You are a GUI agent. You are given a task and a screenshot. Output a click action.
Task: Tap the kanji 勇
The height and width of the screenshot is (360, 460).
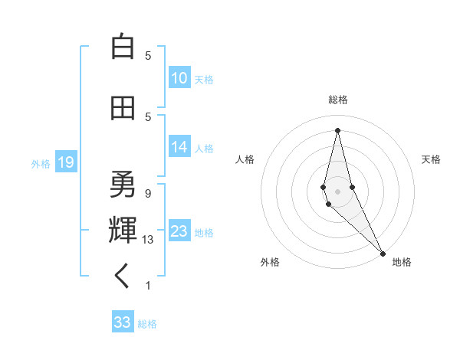123,184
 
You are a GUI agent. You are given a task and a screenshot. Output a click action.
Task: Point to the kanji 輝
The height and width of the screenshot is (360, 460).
123,229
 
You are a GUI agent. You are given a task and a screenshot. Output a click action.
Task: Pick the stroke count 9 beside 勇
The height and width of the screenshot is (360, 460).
148,193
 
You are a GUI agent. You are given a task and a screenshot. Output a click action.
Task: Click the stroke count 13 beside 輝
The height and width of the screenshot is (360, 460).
148,240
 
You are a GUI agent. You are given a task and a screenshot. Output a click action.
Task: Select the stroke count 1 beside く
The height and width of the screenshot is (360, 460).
148,286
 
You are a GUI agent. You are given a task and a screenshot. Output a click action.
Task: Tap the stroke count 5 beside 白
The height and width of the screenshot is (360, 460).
148,56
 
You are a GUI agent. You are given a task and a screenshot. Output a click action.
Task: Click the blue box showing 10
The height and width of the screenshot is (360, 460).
179,78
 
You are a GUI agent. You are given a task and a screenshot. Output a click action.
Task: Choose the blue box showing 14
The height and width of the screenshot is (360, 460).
179,147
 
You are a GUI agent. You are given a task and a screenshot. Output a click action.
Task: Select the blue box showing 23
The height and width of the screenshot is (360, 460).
179,231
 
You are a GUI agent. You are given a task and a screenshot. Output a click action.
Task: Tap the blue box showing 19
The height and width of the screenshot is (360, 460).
65,162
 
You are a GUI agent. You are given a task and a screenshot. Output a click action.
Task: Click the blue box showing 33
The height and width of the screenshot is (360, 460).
123,322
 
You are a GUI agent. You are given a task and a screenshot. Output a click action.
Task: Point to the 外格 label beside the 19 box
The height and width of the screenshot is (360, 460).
41,163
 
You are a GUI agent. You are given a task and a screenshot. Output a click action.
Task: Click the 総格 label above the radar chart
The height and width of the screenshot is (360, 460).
338,100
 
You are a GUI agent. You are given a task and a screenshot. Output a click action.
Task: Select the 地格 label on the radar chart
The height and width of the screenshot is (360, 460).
402,262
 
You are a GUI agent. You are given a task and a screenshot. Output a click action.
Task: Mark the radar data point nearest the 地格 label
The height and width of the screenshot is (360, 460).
383,253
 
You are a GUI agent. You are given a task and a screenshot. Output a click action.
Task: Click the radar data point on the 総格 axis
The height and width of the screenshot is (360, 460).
337,129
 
